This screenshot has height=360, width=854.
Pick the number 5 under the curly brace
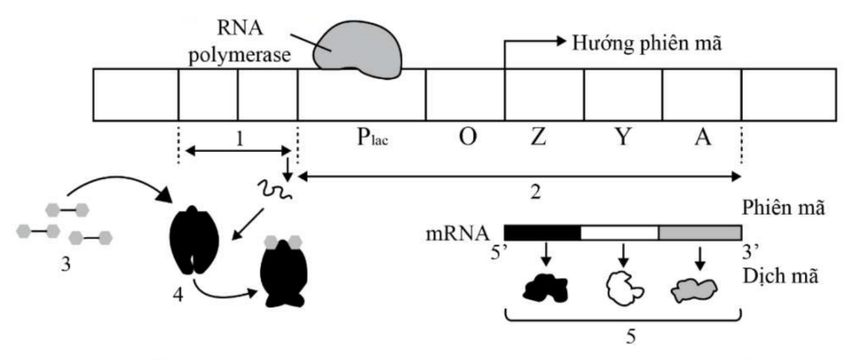point(626,337)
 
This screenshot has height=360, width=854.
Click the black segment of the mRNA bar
point(542,233)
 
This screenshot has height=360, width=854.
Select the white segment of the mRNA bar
point(619,233)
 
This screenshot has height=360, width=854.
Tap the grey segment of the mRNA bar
point(699,233)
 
